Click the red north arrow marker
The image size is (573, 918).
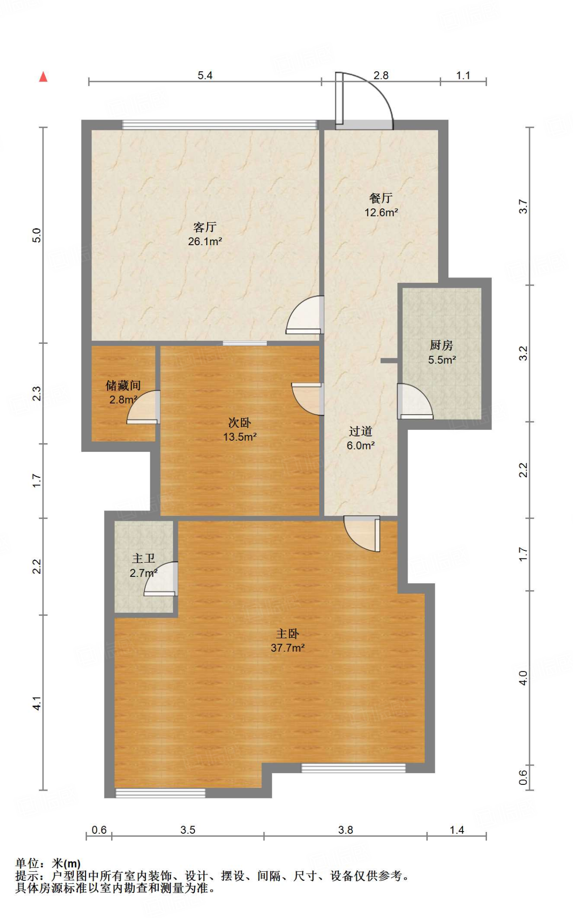[x=43, y=77]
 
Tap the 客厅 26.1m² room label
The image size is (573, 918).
[x=205, y=234]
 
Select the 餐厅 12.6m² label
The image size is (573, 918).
[x=381, y=205]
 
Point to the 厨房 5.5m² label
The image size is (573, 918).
[x=442, y=352]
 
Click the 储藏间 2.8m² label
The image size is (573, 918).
[x=123, y=392]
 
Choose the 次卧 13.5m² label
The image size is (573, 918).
[x=240, y=429]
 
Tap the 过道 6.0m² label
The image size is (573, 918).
[x=360, y=438]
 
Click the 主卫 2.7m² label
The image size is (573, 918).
[x=143, y=565]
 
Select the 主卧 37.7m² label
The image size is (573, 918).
[x=287, y=641]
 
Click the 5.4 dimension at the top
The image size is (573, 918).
[x=205, y=75]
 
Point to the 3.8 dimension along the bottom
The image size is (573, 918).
[x=345, y=830]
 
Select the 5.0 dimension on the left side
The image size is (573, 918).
[x=37, y=235]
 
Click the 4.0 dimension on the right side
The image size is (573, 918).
[x=523, y=678]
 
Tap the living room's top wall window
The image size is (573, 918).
[x=220, y=125]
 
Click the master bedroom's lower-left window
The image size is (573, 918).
[x=160, y=793]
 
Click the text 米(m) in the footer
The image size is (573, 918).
[x=66, y=863]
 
